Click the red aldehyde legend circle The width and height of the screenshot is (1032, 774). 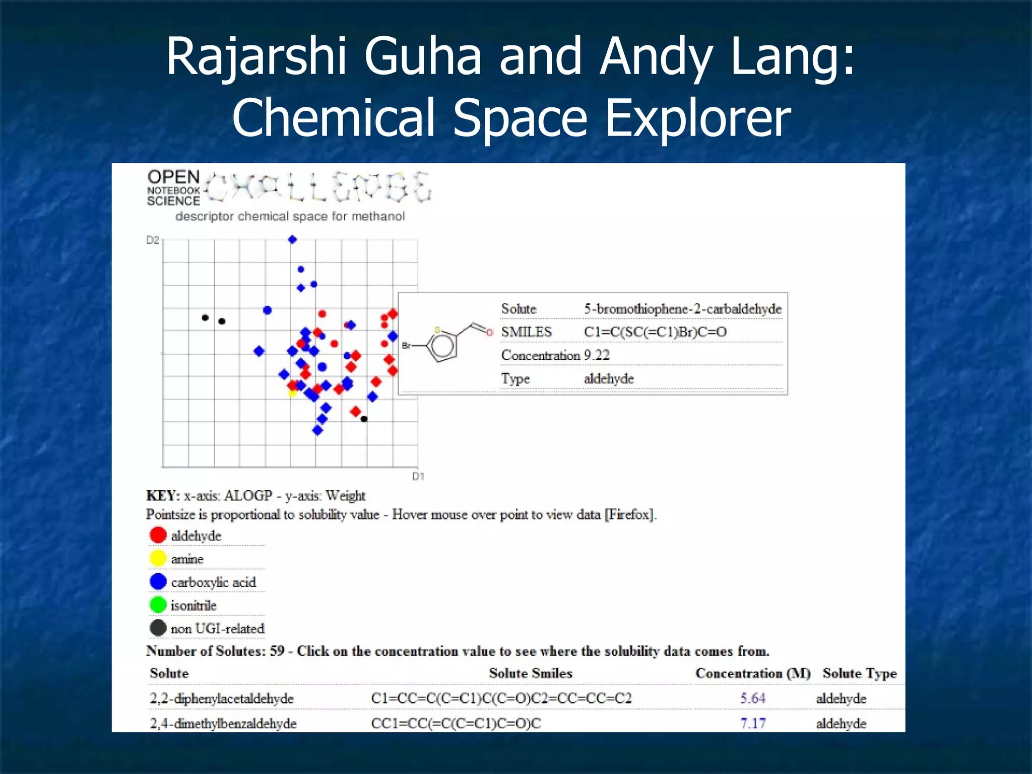click(158, 535)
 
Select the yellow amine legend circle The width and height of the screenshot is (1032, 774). click(158, 558)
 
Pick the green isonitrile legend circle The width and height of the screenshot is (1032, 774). click(158, 605)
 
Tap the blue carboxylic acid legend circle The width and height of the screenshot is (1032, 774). click(158, 582)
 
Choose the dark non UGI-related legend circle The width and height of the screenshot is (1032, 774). click(158, 628)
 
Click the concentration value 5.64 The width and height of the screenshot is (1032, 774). click(752, 698)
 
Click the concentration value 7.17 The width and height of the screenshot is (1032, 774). click(752, 724)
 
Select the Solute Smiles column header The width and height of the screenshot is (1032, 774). click(530, 674)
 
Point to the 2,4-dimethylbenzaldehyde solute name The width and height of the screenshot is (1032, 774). click(223, 724)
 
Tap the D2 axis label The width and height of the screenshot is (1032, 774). click(152, 240)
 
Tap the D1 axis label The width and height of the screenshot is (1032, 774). click(418, 476)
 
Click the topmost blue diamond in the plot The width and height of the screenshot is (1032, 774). click(292, 239)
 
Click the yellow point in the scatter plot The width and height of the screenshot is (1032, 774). click(292, 393)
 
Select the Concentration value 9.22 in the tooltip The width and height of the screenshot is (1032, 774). click(597, 355)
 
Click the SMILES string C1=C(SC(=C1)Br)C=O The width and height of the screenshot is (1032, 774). click(655, 332)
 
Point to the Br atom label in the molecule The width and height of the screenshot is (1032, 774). click(406, 346)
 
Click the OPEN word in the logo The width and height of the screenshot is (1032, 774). click(173, 177)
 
